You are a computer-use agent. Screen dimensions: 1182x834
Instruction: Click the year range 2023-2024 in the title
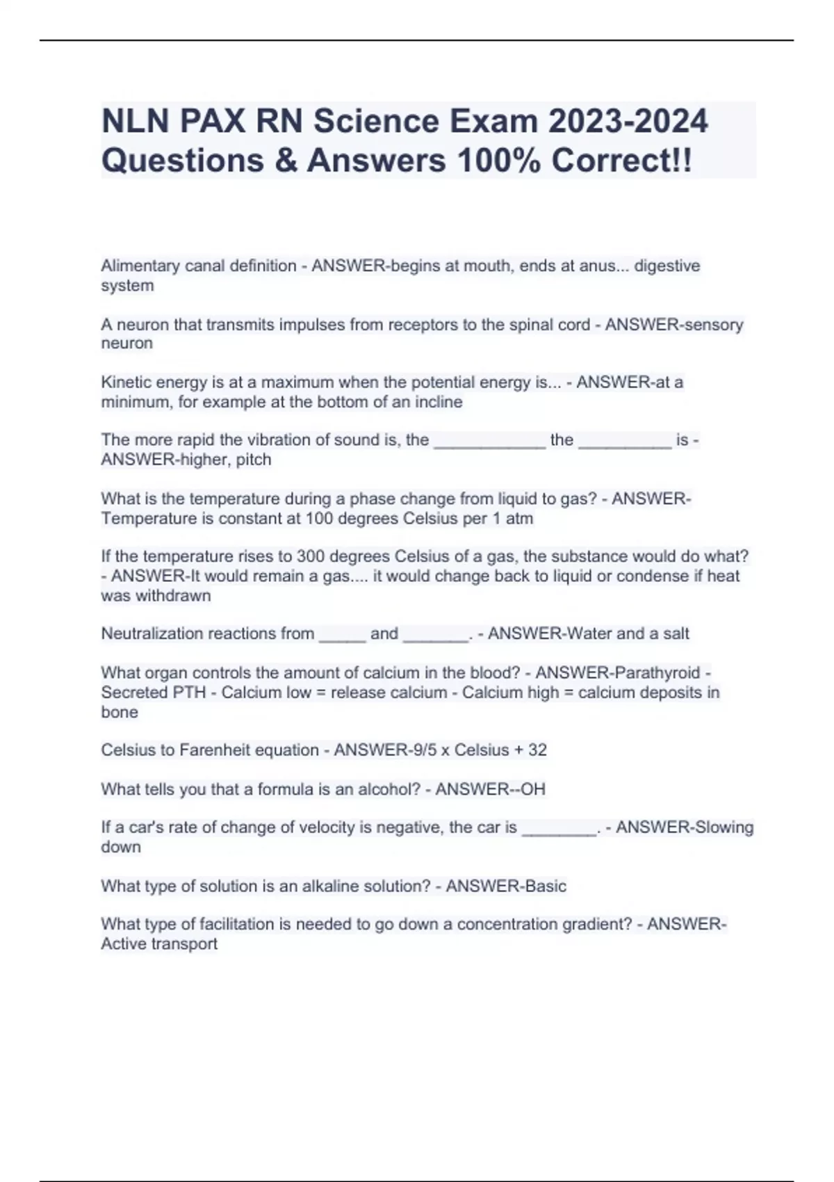(x=628, y=121)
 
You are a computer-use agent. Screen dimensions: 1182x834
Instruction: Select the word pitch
(x=253, y=460)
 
